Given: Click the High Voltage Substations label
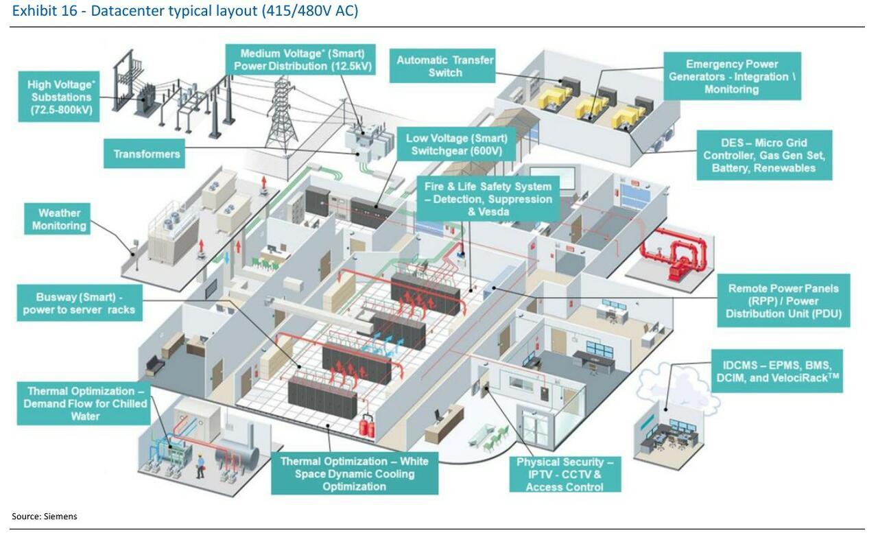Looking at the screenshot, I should click(59, 97).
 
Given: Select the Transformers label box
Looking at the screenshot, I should click(146, 154).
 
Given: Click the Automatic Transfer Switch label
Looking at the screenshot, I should click(444, 67).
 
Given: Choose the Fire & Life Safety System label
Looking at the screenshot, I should click(487, 199).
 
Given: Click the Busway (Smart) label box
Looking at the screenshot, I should click(79, 303).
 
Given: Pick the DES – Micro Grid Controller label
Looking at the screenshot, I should click(763, 156).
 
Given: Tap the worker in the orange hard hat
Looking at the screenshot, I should click(200, 464).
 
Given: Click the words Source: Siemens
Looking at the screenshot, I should click(44, 517).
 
